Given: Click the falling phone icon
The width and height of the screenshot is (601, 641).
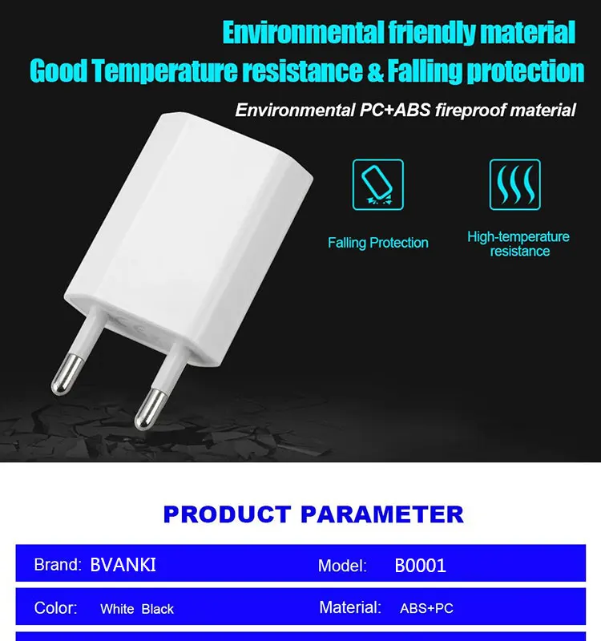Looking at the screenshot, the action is click(377, 185).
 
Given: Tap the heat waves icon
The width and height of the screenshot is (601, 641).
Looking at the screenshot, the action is click(514, 185).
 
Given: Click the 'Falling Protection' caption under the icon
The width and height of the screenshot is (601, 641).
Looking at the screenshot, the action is click(378, 243).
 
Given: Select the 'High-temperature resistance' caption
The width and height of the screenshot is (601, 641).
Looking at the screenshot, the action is click(518, 244).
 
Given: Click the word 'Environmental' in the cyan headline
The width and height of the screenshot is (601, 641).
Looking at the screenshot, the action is click(303, 33).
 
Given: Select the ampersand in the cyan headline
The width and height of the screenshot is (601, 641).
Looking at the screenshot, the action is click(375, 71).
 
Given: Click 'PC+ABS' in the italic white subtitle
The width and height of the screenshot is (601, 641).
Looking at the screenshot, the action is click(395, 110).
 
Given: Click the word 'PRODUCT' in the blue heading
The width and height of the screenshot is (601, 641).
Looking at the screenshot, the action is click(227, 514).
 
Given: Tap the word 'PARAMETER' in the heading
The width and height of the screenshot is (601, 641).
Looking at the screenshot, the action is click(382, 514).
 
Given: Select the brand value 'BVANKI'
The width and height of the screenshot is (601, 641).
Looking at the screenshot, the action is click(123, 565).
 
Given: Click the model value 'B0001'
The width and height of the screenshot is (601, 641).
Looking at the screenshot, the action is click(420, 566).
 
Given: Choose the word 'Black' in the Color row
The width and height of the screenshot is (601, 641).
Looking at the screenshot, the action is click(157, 609).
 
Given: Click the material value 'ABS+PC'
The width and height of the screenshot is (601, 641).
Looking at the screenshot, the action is click(426, 608).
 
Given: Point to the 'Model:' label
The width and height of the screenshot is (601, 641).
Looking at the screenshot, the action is click(342, 566).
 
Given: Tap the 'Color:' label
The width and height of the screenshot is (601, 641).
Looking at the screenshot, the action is click(55, 608).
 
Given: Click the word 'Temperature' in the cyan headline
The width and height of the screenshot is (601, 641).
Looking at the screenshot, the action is click(164, 71).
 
